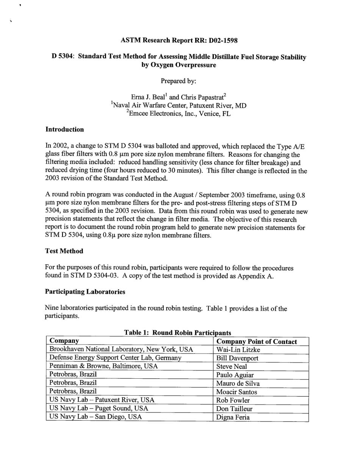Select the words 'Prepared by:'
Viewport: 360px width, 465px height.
click(178, 81)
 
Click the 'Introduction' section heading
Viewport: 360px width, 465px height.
click(64, 130)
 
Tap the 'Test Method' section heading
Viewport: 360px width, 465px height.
click(64, 251)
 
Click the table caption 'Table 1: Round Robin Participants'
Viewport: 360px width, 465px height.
click(177, 332)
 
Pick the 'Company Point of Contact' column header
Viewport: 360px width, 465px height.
click(257, 342)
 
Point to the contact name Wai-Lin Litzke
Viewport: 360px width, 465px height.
click(238, 350)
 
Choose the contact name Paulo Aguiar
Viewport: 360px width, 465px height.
click(235, 375)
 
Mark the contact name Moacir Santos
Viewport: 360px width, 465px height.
click(236, 392)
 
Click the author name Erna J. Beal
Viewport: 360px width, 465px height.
click(147, 97)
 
